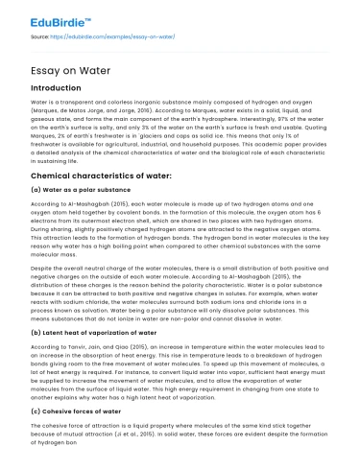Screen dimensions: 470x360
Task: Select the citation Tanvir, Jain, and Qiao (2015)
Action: coord(101,369)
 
